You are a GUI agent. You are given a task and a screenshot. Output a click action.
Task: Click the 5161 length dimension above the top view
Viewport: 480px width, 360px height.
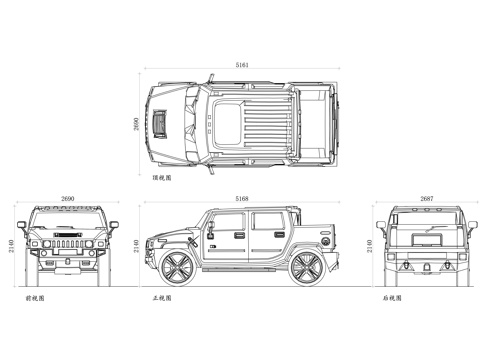click(243, 64)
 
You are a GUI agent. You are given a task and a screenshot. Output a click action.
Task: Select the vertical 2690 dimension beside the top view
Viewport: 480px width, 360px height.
click(136, 124)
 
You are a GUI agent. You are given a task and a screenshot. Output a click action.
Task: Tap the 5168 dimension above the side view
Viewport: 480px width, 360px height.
click(242, 199)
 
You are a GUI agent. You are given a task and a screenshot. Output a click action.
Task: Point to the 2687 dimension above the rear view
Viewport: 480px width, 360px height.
click(428, 199)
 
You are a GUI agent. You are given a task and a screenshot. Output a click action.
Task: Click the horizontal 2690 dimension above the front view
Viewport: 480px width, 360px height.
click(68, 199)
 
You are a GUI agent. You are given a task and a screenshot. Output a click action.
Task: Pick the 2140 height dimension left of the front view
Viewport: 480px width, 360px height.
click(11, 245)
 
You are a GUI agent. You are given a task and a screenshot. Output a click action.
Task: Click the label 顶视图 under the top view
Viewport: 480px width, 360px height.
click(161, 178)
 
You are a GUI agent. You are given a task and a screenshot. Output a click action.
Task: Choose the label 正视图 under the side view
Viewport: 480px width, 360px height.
click(161, 298)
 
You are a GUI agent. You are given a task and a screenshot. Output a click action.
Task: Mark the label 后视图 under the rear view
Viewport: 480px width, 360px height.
click(391, 298)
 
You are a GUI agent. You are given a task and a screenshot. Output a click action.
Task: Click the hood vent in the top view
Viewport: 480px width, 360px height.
click(161, 122)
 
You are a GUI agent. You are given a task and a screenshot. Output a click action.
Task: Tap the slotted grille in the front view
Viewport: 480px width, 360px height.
click(68, 243)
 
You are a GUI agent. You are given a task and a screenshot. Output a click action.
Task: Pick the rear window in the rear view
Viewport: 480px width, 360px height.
click(428, 225)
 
